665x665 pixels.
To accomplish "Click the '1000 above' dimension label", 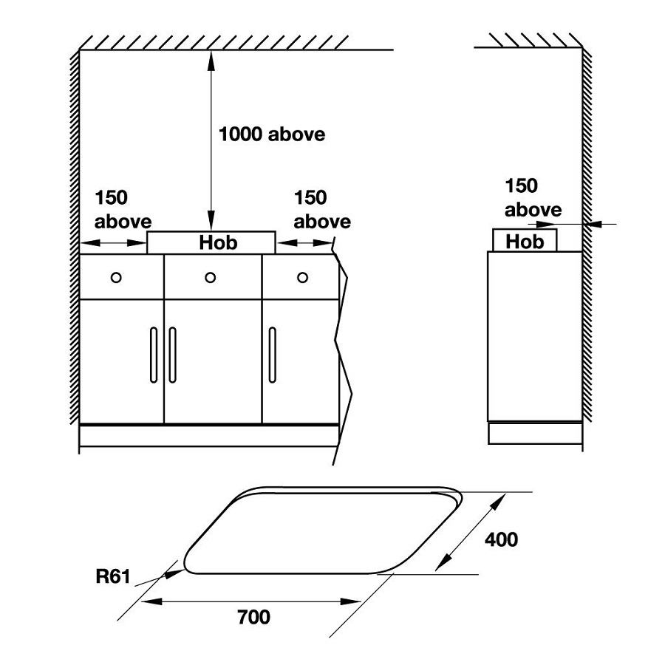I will coord(271,134).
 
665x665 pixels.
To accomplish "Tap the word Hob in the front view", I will coord(219,242).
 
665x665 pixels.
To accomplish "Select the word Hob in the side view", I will coord(525,242).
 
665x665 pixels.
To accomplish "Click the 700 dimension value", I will coord(253,616).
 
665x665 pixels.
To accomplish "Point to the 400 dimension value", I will coord(501,539).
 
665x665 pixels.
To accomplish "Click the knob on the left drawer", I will coord(115,277).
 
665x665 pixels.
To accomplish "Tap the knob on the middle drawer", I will coord(211,277).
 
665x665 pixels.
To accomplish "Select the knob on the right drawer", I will coord(302,277).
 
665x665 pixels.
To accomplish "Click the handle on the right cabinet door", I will coord(272,355).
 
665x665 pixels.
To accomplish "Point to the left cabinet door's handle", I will coord(154,355).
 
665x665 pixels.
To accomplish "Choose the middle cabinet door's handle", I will coord(172,355).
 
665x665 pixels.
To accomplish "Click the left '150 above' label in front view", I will coord(123,209).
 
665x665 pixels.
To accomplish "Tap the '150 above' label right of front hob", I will coord(322,209).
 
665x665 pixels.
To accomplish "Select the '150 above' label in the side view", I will coord(533,198).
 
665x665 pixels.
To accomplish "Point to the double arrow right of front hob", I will coord(304,242).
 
